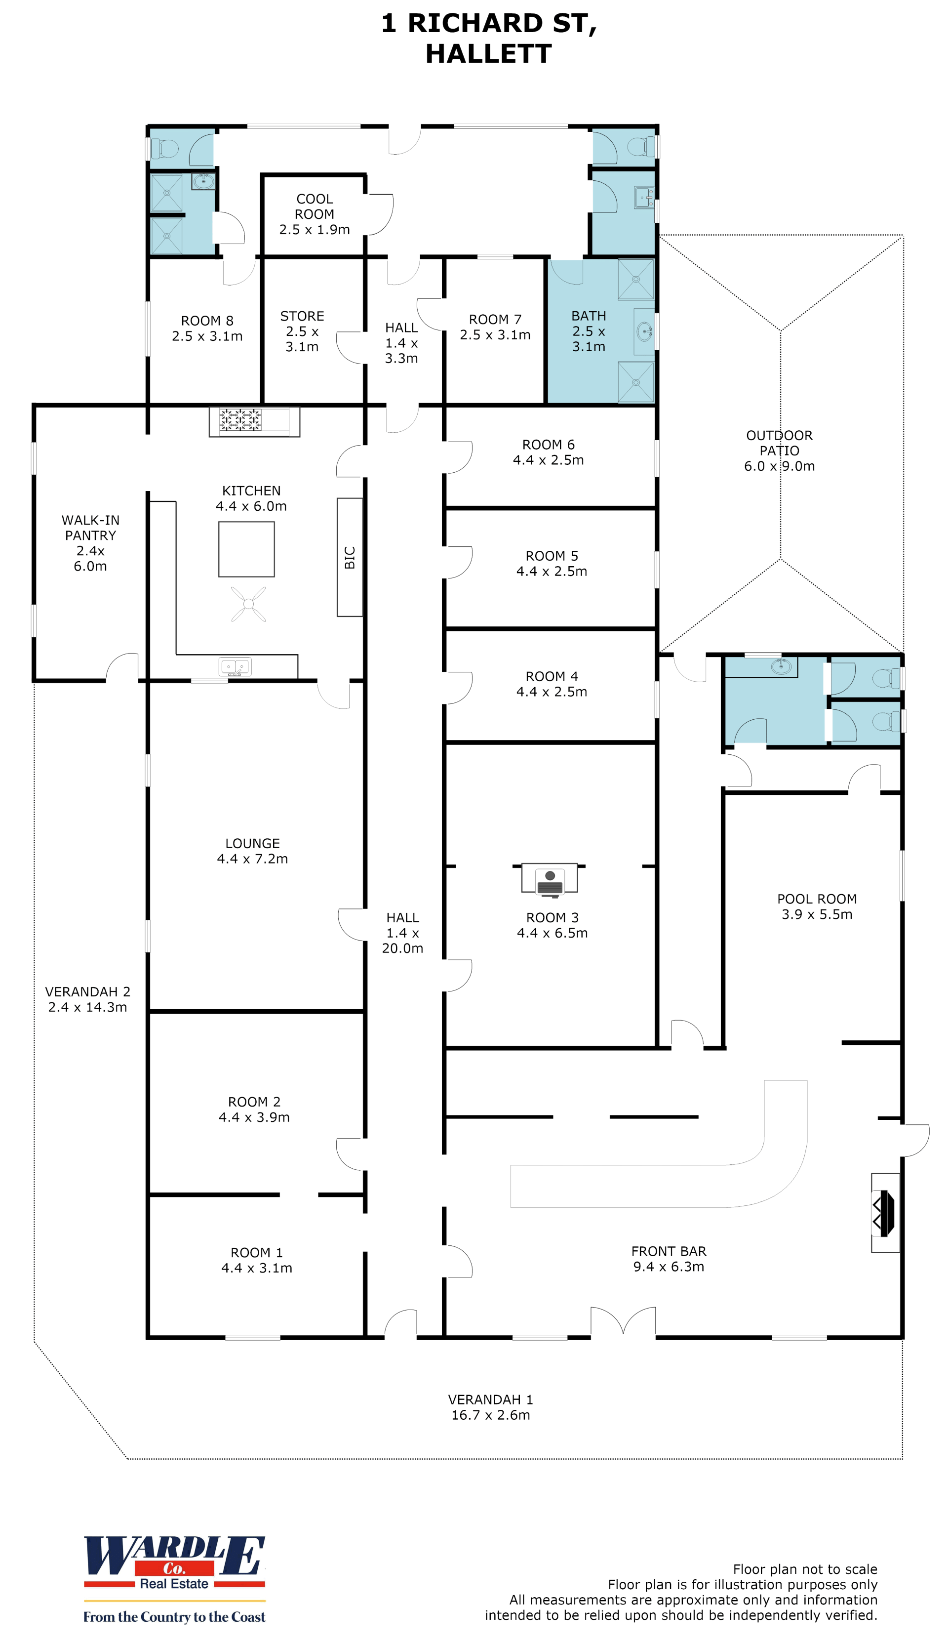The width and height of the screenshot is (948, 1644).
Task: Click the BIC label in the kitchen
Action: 350,558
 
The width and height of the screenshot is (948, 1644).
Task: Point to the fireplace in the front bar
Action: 885,1213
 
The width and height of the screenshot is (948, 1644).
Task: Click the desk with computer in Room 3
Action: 550,879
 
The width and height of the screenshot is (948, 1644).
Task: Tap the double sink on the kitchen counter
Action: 235,667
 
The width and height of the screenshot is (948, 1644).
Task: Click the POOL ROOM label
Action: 817,899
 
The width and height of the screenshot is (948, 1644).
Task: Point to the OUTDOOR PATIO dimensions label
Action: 779,466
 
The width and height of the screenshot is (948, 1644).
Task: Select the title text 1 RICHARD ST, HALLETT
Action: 489,39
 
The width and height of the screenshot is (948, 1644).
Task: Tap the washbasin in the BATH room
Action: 644,331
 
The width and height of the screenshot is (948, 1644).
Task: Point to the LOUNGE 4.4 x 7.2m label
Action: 253,851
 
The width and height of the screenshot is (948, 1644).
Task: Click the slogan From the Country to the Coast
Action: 174,1617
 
